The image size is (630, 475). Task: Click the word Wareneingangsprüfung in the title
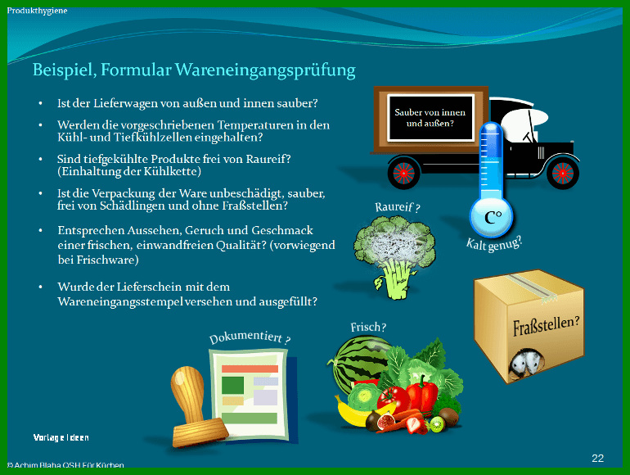tap(265, 70)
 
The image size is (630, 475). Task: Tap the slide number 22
tap(597, 458)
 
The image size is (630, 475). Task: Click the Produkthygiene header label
tap(37, 11)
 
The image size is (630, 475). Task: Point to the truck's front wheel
tap(563, 173)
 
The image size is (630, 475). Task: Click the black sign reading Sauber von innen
tap(430, 118)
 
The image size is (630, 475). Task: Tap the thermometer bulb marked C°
tap(492, 218)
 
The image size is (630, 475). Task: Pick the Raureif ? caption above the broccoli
tap(398, 207)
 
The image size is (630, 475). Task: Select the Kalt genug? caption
tap(494, 243)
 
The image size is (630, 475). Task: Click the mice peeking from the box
tap(525, 362)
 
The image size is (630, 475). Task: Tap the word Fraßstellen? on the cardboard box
tap(547, 325)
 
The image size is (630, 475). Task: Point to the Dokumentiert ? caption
tap(250, 337)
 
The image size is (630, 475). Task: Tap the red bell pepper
tap(422, 394)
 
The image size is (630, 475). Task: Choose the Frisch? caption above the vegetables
tap(368, 328)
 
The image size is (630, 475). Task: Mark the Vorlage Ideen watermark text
tap(61, 437)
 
